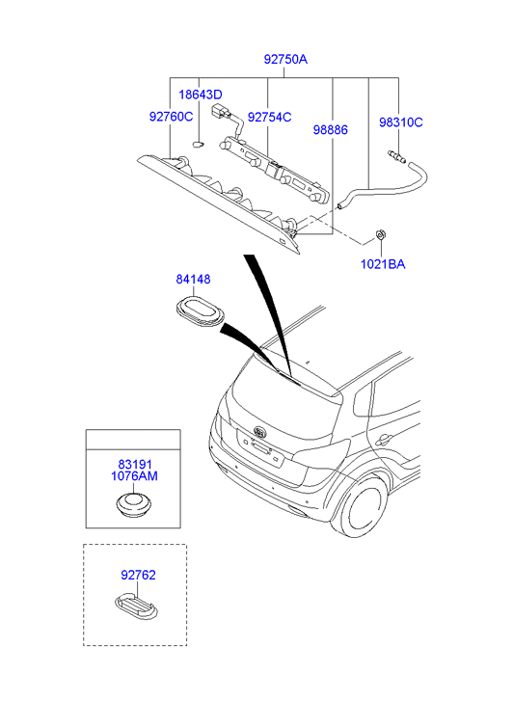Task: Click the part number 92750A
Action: click(285, 59)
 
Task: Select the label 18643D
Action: click(201, 94)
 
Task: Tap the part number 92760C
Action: click(171, 117)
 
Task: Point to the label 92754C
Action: click(269, 117)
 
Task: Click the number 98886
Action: click(330, 129)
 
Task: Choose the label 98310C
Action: click(401, 122)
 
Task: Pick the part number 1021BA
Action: click(383, 264)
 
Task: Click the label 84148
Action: click(193, 279)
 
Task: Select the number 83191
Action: click(135, 465)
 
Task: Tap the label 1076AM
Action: click(134, 476)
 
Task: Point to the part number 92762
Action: click(138, 575)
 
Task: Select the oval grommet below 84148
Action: click(200, 313)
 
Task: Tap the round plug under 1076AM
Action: click(133, 505)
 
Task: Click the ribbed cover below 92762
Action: click(136, 607)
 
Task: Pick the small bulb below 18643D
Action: click(198, 144)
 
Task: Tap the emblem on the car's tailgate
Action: click(259, 432)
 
